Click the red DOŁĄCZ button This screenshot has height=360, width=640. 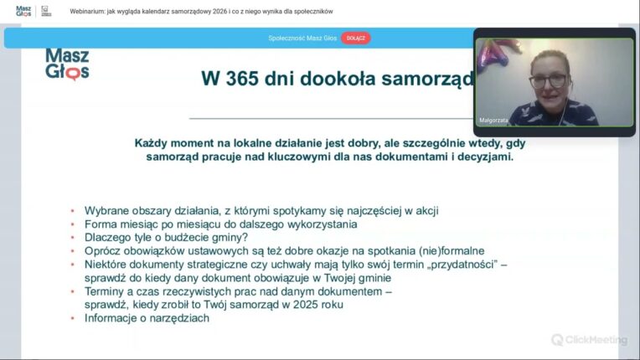(x=355, y=38)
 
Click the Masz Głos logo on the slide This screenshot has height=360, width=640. (x=67, y=64)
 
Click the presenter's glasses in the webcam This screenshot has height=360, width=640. (x=548, y=81)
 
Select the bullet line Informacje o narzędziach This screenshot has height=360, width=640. (x=147, y=317)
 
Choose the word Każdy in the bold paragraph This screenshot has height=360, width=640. (x=153, y=143)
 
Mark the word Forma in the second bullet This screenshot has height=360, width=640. (x=101, y=224)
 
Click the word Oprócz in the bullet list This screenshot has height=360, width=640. (x=105, y=250)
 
